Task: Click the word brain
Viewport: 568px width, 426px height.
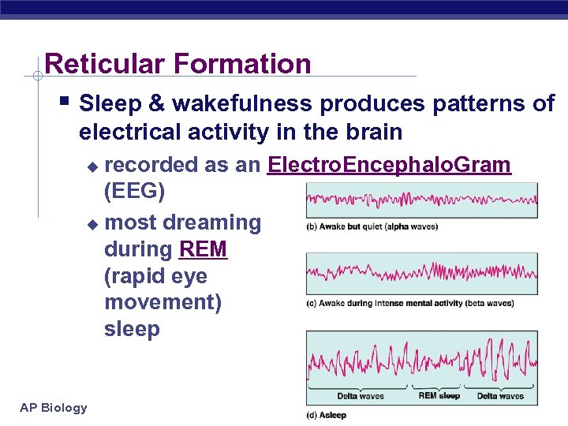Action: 371,131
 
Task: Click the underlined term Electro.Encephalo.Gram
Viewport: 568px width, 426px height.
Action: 389,165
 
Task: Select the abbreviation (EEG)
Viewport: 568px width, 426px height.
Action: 134,192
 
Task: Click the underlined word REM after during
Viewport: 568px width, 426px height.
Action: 204,249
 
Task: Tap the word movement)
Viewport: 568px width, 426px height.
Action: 163,303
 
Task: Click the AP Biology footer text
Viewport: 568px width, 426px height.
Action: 54,407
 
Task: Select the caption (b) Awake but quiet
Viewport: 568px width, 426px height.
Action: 372,227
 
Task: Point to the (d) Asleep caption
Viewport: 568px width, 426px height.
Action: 327,415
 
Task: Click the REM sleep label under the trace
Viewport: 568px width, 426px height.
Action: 438,395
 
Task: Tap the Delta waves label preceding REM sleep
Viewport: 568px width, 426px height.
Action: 361,395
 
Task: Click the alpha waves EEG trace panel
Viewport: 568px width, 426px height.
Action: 422,200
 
